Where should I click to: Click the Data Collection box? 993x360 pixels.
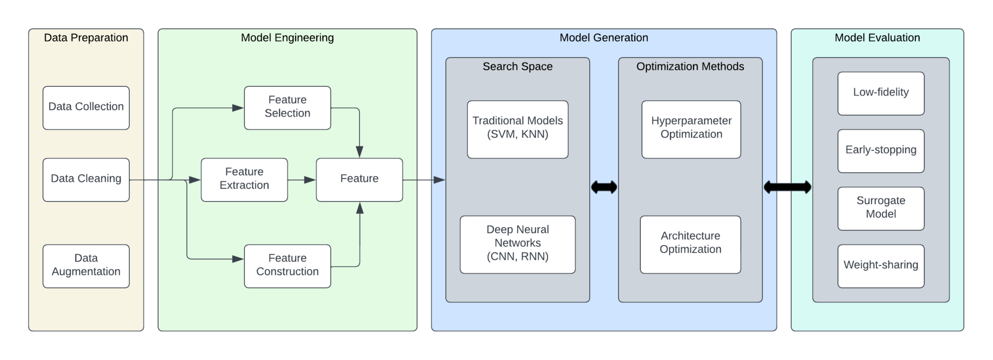(86, 108)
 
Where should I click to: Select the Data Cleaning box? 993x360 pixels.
(86, 179)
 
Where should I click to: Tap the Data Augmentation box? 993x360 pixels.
(86, 266)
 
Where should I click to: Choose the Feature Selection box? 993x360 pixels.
(287, 108)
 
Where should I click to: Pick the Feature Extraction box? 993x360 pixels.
(244, 179)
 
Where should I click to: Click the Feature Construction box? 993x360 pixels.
(287, 266)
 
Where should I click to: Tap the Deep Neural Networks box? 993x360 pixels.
(517, 244)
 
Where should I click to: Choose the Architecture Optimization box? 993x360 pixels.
(690, 244)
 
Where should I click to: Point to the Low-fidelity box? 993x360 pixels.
(881, 93)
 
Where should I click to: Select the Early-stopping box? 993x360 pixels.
(881, 151)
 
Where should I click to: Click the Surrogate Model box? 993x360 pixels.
(881, 208)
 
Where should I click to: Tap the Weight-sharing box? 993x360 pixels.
(881, 266)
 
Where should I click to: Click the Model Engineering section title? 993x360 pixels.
(287, 38)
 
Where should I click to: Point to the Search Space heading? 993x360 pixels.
(517, 67)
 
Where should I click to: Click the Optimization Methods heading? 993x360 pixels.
(690, 67)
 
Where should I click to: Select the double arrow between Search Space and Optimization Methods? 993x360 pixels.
(604, 187)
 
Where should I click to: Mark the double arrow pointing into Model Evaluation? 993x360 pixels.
(787, 187)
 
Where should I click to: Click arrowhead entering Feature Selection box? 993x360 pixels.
(238, 108)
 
